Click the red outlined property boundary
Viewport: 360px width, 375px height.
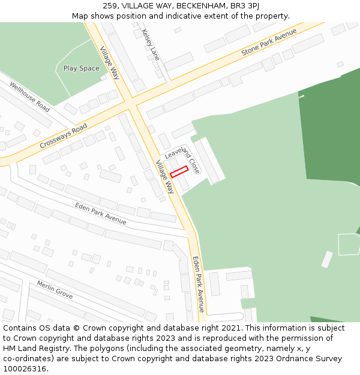pyautogui.click(x=179, y=172)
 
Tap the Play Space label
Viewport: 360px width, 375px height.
pyautogui.click(x=82, y=68)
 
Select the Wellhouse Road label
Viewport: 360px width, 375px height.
pyautogui.click(x=29, y=97)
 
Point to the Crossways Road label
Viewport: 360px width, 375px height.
pyautogui.click(x=63, y=136)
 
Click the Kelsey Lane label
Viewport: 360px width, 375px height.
pyautogui.click(x=152, y=45)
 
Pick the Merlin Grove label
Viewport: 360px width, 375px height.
pyautogui.click(x=55, y=290)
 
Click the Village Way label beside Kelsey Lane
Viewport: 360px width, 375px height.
pyautogui.click(x=110, y=63)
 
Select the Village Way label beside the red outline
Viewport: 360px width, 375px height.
pyautogui.click(x=164, y=176)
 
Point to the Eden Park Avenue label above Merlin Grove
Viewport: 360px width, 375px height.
pyautogui.click(x=101, y=214)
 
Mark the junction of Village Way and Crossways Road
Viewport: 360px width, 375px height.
pyautogui.click(x=131, y=106)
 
